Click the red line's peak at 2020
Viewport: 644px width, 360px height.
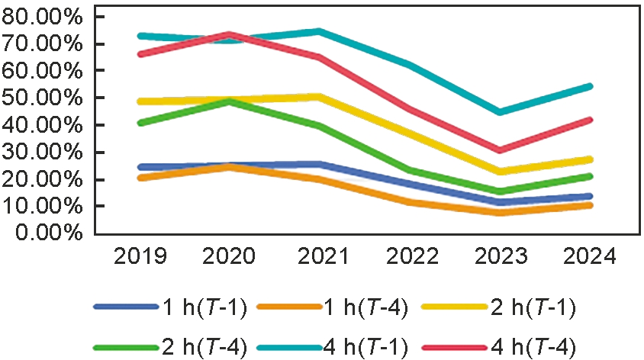coord(230,34)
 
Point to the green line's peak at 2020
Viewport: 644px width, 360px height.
coord(230,101)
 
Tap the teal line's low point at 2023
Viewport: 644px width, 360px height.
coord(499,112)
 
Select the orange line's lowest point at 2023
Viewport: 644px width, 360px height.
coord(499,212)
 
